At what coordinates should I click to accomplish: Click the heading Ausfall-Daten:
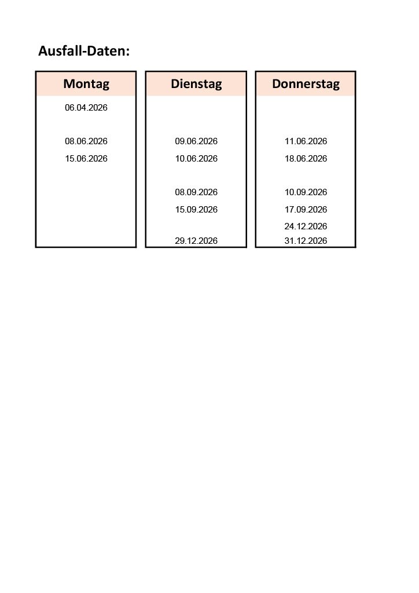(84, 51)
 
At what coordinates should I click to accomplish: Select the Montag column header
(86, 84)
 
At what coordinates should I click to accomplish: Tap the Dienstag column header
(196, 84)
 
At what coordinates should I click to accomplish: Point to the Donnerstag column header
(306, 84)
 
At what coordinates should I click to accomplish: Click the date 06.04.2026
(86, 108)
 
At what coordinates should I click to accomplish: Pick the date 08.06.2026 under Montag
(86, 141)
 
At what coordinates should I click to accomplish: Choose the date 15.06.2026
(86, 159)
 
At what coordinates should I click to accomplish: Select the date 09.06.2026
(196, 141)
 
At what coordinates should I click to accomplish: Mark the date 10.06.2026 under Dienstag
(196, 159)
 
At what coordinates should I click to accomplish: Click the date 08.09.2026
(196, 192)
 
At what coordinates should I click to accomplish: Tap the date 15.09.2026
(196, 210)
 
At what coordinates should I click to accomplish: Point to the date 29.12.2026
(196, 241)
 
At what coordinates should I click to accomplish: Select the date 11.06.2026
(306, 141)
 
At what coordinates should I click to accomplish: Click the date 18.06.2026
(306, 159)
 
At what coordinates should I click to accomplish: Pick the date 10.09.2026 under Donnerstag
(306, 192)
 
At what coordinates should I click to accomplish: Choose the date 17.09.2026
(306, 210)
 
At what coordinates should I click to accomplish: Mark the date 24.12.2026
(306, 226)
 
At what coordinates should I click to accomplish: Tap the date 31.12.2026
(306, 241)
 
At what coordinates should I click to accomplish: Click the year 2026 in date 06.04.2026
(98, 108)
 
